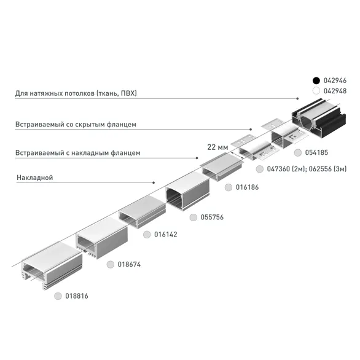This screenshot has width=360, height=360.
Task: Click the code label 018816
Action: (77, 295)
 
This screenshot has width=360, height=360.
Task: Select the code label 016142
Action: (166, 234)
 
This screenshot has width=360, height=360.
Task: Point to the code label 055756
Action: (213, 217)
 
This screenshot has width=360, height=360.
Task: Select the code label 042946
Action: (335, 80)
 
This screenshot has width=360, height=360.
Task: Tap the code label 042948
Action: (335, 90)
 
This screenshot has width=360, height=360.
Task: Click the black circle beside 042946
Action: (316, 80)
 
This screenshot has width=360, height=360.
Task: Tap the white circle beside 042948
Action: (316, 90)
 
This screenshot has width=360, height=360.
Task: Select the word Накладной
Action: (34, 178)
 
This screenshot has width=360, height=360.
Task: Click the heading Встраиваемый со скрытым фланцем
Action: (76, 124)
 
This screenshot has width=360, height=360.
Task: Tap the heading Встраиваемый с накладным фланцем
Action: (78, 152)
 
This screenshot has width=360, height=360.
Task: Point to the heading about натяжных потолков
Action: (76, 93)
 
